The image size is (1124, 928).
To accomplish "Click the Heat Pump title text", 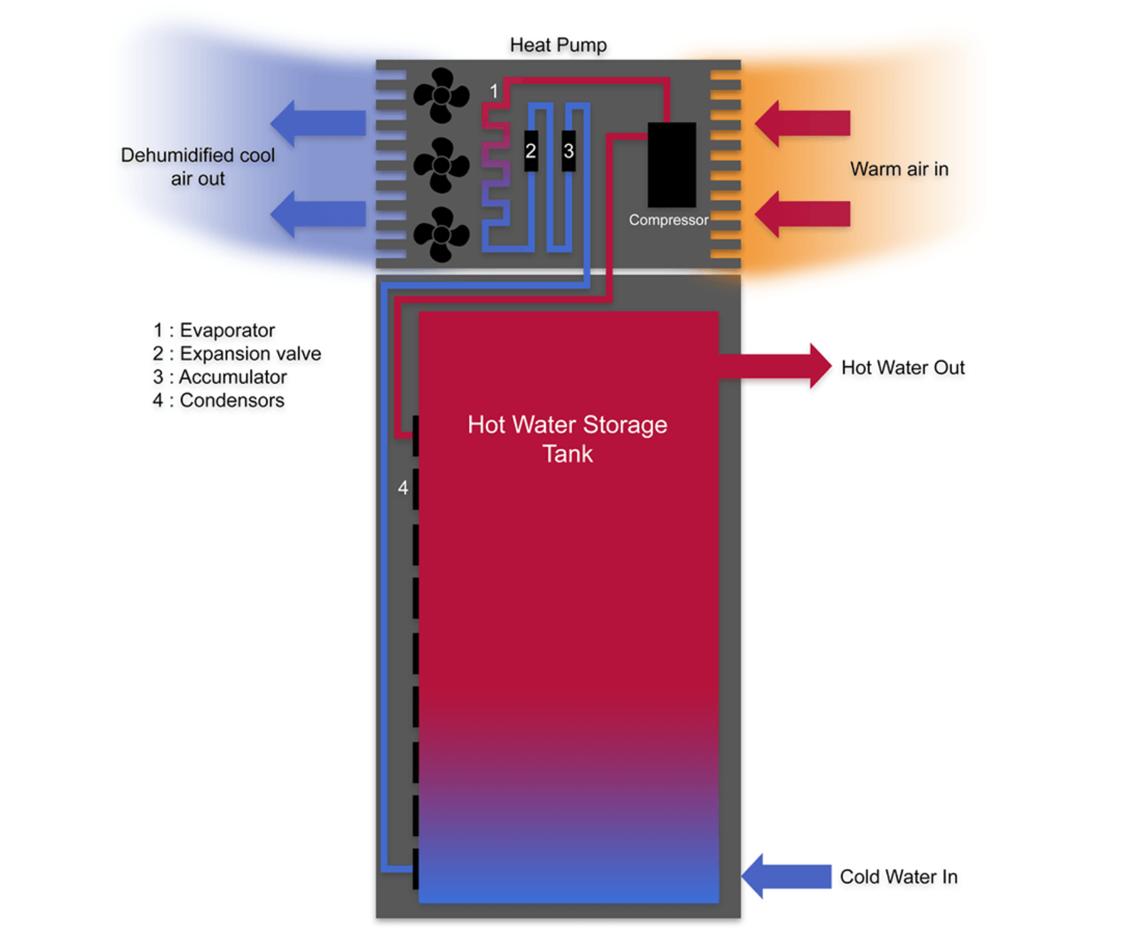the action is click(558, 46).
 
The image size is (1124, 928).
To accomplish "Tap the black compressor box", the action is click(672, 165).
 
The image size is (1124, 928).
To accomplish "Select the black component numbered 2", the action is click(531, 151).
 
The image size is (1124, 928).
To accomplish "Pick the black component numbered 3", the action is click(568, 151).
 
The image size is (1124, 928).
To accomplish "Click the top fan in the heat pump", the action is click(441, 96).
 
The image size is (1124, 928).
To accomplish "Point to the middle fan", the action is click(441, 165).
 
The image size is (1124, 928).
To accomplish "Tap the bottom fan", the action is click(441, 235).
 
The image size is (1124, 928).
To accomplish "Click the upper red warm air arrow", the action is click(803, 123).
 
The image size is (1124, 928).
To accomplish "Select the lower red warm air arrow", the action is click(803, 214).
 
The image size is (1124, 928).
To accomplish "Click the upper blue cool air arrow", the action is click(318, 123).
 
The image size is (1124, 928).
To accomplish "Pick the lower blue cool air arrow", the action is click(318, 214).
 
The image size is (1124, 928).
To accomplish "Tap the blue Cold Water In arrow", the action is click(787, 876).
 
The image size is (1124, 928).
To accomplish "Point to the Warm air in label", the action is click(899, 169).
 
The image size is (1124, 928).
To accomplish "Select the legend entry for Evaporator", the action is click(214, 330).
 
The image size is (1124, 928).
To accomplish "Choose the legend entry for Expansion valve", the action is click(237, 353).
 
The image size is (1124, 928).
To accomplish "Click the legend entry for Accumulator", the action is click(219, 377).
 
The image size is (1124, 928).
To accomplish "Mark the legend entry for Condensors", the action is click(218, 400).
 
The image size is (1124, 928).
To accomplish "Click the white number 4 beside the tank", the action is click(403, 488).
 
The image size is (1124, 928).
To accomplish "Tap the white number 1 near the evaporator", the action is click(494, 91).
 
